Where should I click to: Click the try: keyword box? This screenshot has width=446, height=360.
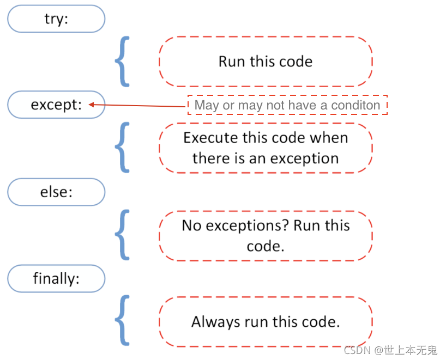(56, 19)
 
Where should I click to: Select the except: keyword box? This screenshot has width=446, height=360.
(56, 105)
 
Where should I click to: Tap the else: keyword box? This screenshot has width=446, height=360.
(56, 192)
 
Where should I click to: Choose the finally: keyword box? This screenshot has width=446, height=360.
(56, 278)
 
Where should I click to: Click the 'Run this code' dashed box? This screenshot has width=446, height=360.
(266, 62)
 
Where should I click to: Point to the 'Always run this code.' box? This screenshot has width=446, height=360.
(266, 322)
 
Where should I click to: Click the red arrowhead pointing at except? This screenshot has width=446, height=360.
(91, 105)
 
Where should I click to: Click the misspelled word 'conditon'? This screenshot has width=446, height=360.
(355, 105)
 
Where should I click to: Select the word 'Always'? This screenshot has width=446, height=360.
(216, 322)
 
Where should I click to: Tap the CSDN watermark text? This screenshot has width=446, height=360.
(390, 350)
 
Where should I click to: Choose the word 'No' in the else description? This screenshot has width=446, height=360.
(192, 225)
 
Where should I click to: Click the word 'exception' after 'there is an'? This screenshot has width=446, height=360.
(304, 159)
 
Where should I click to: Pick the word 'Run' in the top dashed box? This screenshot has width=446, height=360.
(232, 62)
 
